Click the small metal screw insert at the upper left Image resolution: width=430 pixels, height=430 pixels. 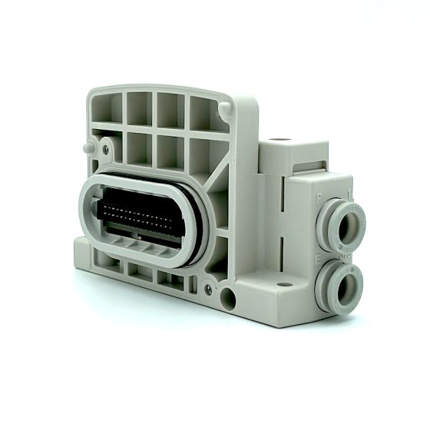[x=107, y=143]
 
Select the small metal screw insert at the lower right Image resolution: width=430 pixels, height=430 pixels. [x=209, y=289]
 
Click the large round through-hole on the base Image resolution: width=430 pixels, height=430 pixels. [x=227, y=294]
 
